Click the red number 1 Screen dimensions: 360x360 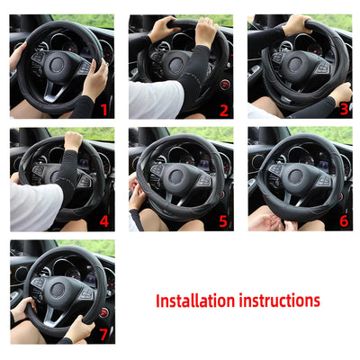(103, 110)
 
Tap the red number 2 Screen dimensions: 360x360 (223, 110)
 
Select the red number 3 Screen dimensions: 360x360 (342, 110)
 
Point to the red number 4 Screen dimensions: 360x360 (103, 221)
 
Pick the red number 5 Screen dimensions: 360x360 (223, 221)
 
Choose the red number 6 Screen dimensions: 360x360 (342, 221)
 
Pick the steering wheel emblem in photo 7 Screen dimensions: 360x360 (58, 290)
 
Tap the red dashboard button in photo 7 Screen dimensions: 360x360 (104, 311)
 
